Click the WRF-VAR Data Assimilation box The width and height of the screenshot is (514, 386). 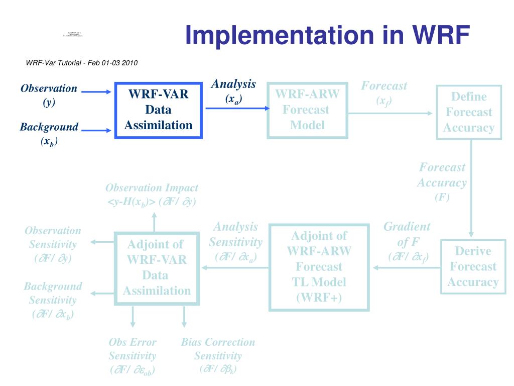click(158, 110)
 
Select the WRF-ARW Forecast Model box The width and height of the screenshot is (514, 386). click(307, 110)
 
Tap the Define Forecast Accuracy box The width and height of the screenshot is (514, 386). click(469, 112)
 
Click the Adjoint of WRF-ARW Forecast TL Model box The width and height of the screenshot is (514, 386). click(319, 267)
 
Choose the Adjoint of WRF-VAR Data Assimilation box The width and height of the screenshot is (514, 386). click(157, 267)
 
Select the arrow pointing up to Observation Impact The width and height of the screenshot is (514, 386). click(154, 220)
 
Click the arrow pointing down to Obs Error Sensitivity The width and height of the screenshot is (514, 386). click(133, 317)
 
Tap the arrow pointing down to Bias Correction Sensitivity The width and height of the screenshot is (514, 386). click(184, 317)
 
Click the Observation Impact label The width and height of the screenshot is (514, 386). click(152, 195)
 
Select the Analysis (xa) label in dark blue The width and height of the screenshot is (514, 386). click(233, 91)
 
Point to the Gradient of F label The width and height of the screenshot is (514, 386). click(407, 241)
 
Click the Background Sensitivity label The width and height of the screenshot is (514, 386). click(53, 300)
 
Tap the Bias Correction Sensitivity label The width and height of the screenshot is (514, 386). click(218, 355)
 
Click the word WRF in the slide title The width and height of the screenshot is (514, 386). click(442, 35)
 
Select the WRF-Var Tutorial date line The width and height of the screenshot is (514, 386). click(82, 63)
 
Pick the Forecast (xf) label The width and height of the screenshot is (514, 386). click(384, 93)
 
